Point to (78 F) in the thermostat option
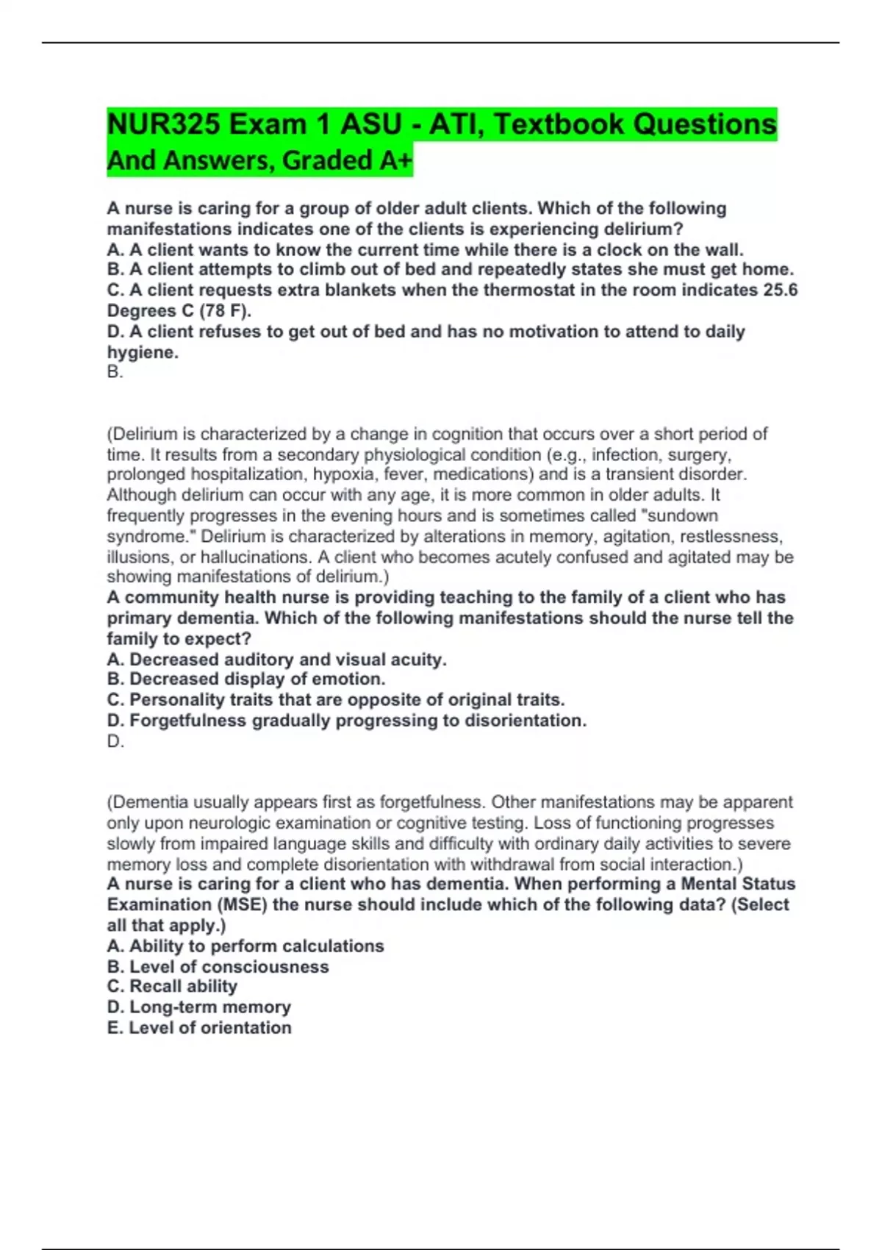(226, 311)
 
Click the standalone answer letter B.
(115, 372)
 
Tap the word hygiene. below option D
(143, 352)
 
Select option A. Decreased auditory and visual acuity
(276, 660)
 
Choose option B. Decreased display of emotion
(246, 679)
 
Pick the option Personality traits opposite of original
(336, 700)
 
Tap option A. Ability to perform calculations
(245, 946)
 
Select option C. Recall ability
(172, 987)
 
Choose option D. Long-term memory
(198, 1007)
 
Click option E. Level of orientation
(199, 1028)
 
